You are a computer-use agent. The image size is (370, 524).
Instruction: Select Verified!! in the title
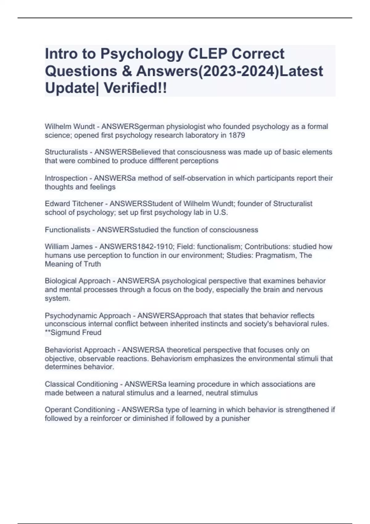(x=135, y=88)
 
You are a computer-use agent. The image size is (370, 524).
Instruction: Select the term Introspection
(x=66, y=178)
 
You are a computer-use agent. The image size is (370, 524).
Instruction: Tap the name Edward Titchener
(x=74, y=204)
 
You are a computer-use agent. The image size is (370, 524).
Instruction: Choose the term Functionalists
(x=68, y=230)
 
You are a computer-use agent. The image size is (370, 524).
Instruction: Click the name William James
(x=68, y=247)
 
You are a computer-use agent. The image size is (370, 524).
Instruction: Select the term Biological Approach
(x=77, y=281)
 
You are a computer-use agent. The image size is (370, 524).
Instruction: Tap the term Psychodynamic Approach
(x=88, y=316)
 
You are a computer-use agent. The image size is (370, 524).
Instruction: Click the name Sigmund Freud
(x=76, y=333)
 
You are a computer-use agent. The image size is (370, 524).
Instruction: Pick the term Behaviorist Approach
(x=80, y=350)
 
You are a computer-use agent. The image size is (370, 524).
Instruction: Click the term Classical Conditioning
(x=81, y=384)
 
